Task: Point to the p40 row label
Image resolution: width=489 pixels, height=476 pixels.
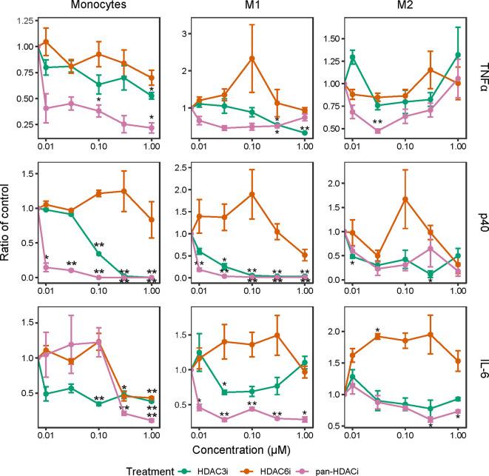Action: [482, 227]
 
